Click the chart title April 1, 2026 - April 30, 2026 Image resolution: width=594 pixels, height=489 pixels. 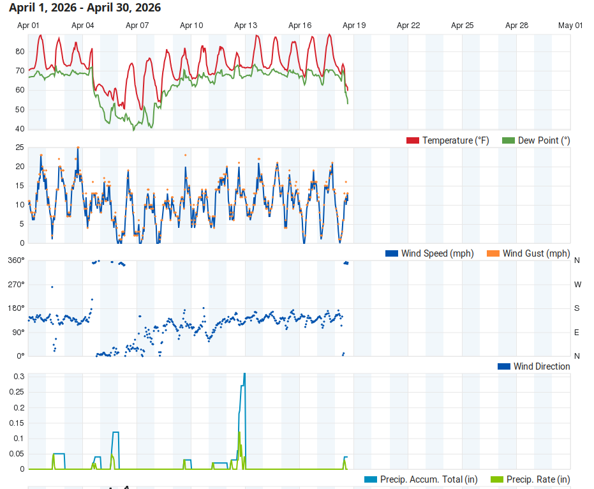coord(85,8)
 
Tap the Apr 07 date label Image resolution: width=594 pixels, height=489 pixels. coord(137,26)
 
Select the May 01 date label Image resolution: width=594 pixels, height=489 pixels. coord(570,26)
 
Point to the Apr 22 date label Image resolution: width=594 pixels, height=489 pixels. coord(408,26)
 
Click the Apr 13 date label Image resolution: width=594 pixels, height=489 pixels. coord(246,26)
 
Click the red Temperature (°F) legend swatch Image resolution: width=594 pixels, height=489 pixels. coord(413,140)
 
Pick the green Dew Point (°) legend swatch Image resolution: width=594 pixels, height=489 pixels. coord(509,140)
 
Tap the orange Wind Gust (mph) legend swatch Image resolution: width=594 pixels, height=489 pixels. coord(493,253)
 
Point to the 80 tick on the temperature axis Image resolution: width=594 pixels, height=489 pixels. coord(19,52)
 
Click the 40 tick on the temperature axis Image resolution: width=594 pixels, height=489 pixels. coord(19,129)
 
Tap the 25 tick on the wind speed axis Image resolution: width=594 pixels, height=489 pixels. coord(19,147)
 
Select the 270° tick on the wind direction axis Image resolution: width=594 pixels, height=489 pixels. coord(16,284)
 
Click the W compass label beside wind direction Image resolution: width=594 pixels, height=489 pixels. coord(577,284)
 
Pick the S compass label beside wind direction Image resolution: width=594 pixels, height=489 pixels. coord(577,308)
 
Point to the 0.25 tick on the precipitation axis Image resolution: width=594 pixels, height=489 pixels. coord(17,407)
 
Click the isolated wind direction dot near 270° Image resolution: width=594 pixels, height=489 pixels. coord(52,287)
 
